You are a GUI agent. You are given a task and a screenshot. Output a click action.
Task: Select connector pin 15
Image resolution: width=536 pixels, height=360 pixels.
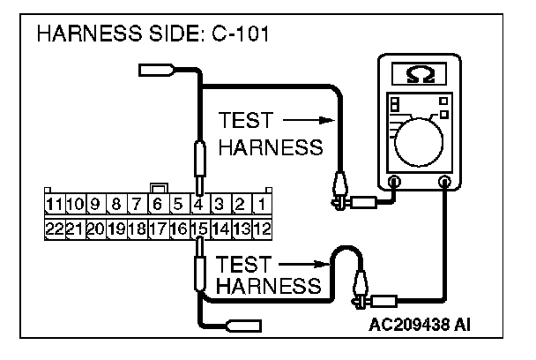click(x=199, y=228)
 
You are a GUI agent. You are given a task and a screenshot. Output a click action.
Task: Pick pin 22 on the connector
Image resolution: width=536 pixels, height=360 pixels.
click(x=56, y=228)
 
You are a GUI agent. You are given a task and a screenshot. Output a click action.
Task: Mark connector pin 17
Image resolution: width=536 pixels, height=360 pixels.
click(x=157, y=228)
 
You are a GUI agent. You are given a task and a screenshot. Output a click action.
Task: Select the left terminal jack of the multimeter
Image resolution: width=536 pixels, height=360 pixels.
click(x=394, y=183)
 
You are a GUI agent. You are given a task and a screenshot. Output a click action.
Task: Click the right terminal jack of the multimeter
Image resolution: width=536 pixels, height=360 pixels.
click(x=445, y=183)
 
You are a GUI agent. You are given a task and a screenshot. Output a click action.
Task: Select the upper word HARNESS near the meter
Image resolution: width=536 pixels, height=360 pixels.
click(x=270, y=146)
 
